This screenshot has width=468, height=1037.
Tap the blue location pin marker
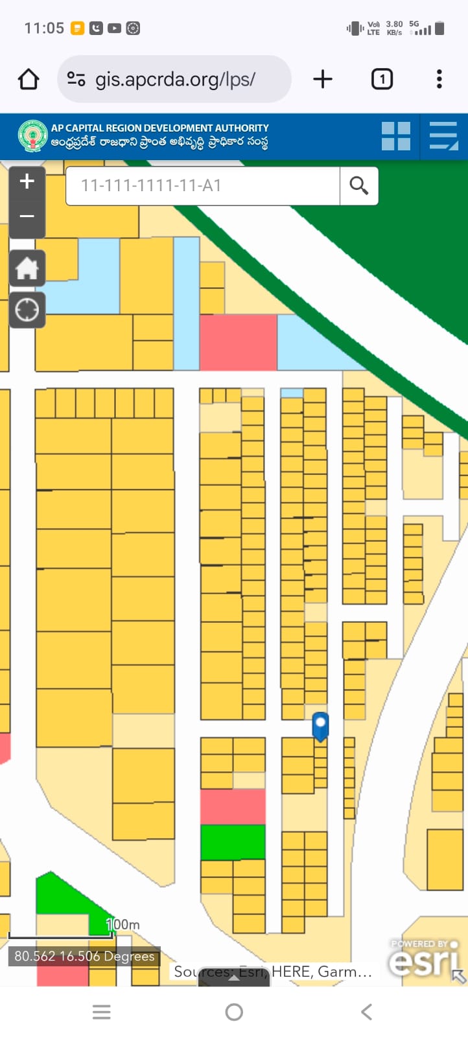pos(320,725)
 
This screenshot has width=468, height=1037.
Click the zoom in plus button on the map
pos(27,181)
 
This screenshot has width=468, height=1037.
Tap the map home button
pos(27,268)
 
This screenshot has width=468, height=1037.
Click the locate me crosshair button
pos(27,310)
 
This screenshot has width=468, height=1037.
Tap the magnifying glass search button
pos(358,186)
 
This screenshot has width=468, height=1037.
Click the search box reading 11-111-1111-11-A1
pos(202,186)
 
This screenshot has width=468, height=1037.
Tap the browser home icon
pos(29,79)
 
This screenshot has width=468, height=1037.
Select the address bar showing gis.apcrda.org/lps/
pos(175,79)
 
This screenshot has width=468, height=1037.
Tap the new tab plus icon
pos(322,79)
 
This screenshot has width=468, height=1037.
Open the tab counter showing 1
pos(382,79)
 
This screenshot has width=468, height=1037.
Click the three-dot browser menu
pos(439,79)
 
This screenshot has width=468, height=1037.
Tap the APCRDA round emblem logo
pos(32,136)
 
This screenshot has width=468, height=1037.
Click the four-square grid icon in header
pos(395,136)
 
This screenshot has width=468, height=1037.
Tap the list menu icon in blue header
pos(444,136)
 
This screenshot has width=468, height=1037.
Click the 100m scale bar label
pos(123,924)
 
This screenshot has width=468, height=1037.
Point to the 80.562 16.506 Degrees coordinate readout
pos(84,956)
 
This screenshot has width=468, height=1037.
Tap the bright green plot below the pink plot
pos(233,842)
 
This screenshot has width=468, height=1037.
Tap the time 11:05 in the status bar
pos(44,28)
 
